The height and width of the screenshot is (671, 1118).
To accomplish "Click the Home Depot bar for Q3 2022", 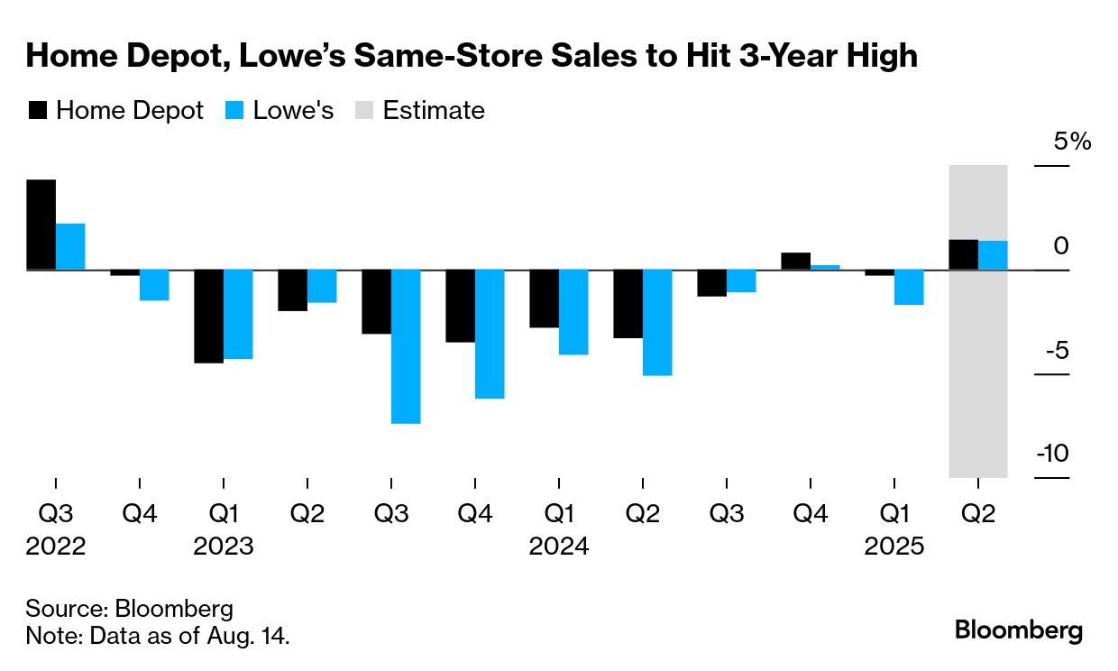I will [x=41, y=225].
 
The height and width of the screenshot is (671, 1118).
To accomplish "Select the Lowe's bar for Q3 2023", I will [x=406, y=346].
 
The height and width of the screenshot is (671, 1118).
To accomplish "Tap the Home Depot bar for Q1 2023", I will [x=208, y=317].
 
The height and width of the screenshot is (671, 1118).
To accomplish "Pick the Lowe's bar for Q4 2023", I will [x=490, y=334].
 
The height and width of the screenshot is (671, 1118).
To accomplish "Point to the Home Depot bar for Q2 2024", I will [x=628, y=304].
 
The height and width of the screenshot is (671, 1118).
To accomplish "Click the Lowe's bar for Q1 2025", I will [x=909, y=288].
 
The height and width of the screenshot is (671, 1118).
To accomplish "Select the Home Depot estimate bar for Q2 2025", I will [x=964, y=254].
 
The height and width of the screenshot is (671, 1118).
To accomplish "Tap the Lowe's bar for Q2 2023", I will [x=322, y=287].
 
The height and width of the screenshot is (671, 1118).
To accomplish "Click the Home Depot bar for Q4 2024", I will [x=795, y=262].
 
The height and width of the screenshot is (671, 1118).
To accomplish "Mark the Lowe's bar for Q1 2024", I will [x=573, y=312].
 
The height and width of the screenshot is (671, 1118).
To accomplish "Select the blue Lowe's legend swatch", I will [x=234, y=111].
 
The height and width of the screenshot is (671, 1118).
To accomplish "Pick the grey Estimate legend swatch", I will [x=362, y=111].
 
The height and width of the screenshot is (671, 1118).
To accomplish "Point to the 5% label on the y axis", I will [x=1073, y=142].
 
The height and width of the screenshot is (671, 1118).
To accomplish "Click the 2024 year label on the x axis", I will [x=559, y=547].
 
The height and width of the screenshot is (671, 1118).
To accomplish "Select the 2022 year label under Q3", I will [x=56, y=547].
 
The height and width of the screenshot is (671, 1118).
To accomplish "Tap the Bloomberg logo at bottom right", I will [x=1019, y=630].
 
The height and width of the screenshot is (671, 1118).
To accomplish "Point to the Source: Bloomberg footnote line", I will [x=129, y=608].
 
